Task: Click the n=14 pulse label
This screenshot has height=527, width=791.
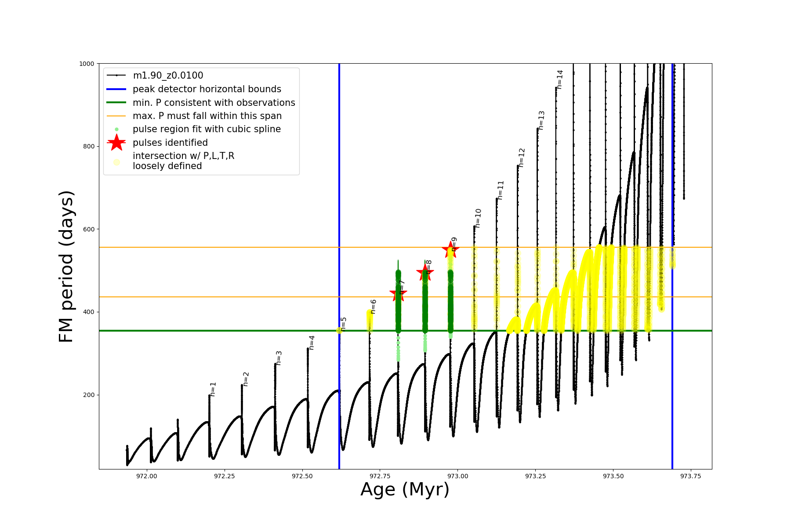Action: (560, 79)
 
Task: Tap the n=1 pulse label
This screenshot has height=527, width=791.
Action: (213, 389)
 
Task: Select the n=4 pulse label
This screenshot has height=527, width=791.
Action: (312, 343)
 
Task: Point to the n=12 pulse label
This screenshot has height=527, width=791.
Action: (522, 157)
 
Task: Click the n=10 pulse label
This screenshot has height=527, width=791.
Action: (478, 218)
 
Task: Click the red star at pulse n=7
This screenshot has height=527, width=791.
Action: (398, 293)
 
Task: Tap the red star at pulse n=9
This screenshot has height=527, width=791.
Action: (450, 249)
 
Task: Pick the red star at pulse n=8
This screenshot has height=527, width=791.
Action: (425, 273)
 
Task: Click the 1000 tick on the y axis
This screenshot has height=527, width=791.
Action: (87, 64)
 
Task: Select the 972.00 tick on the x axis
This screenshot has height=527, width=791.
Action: (147, 476)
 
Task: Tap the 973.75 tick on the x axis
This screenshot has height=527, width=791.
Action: (690, 476)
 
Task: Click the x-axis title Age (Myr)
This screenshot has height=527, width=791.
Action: (405, 490)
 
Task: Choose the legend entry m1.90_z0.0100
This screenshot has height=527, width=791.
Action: (168, 76)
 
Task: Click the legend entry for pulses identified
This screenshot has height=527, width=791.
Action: (170, 143)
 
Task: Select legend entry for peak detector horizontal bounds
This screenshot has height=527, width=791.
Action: (207, 89)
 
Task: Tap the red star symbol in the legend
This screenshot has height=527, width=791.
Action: (116, 143)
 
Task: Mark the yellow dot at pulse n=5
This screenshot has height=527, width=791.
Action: (339, 330)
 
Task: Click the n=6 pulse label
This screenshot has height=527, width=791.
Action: (373, 307)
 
